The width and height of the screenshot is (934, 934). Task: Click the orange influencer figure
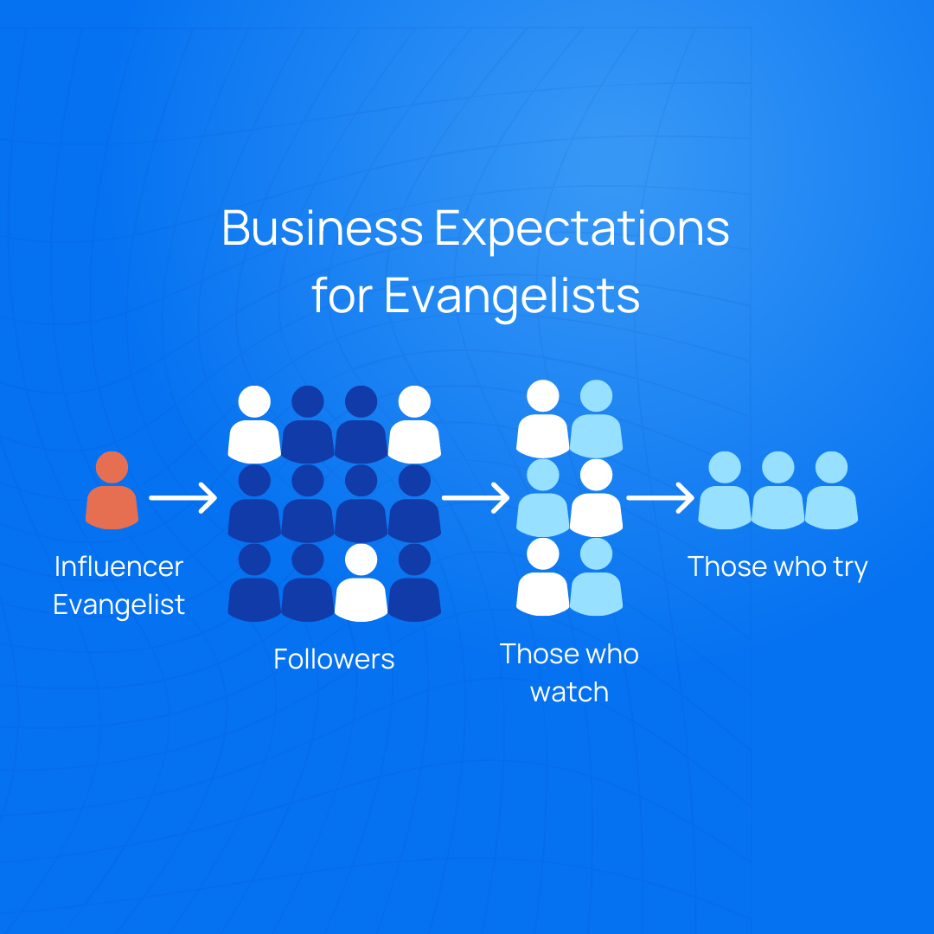click(x=112, y=490)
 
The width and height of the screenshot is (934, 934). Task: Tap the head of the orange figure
click(x=112, y=467)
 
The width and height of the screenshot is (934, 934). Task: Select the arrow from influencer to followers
click(x=182, y=497)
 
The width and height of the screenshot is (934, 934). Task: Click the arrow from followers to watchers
click(x=476, y=497)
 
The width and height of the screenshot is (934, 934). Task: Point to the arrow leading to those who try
click(x=660, y=497)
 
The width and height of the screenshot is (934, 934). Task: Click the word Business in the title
click(x=323, y=227)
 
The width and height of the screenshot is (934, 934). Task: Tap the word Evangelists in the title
click(x=512, y=296)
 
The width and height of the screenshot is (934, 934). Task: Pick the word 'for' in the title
click(x=342, y=295)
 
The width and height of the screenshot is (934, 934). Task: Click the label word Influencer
click(x=118, y=566)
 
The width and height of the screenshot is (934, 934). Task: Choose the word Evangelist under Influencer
click(x=118, y=605)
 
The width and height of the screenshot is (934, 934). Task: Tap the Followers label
click(x=334, y=659)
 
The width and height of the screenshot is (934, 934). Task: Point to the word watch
click(x=569, y=693)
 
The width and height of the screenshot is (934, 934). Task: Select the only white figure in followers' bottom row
click(x=361, y=583)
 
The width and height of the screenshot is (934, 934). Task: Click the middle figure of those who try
click(x=778, y=490)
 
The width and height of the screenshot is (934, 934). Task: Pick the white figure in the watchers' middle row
click(x=596, y=498)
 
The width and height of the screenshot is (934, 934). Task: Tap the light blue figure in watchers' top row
click(x=596, y=419)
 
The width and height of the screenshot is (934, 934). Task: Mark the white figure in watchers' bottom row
click(x=542, y=577)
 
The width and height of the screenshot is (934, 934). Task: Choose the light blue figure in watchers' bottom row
click(x=596, y=577)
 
